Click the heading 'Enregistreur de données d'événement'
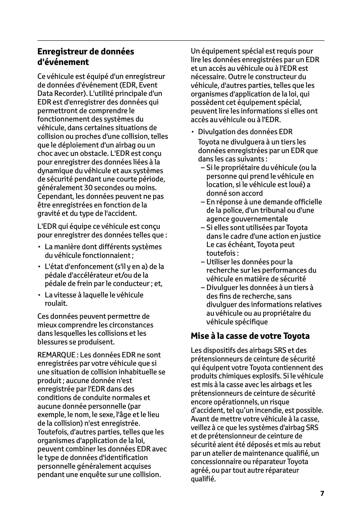click(x=86, y=57)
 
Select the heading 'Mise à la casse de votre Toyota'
click(x=250, y=336)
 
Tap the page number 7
click(x=322, y=493)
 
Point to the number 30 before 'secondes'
click(x=88, y=188)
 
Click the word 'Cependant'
click(x=53, y=197)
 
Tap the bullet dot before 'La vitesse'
click(x=40, y=295)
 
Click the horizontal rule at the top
click(x=181, y=40)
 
